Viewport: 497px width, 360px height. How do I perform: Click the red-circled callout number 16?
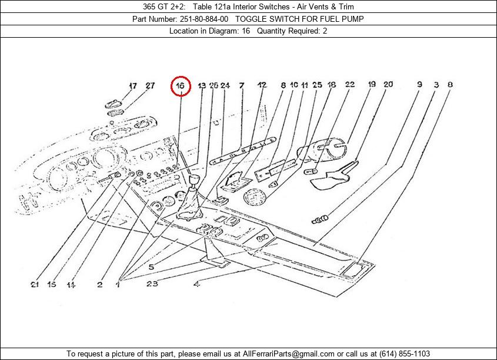click(x=181, y=86)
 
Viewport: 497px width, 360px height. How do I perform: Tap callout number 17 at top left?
click(x=132, y=85)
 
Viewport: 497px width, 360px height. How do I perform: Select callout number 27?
click(x=150, y=85)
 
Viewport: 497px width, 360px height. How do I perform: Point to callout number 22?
click(x=350, y=85)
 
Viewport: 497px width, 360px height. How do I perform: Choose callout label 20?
click(x=388, y=85)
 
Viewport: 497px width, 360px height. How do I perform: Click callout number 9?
click(x=419, y=85)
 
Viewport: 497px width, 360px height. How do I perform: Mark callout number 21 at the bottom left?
click(x=36, y=285)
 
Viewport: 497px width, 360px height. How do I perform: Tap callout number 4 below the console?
click(x=196, y=285)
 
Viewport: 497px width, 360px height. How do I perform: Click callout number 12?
click(x=262, y=85)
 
